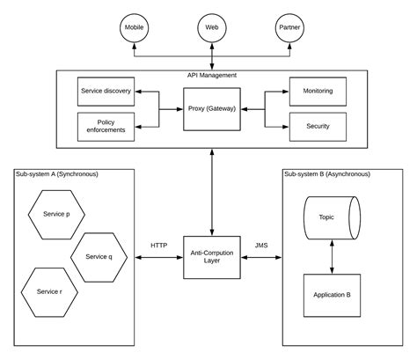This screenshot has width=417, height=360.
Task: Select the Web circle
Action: point(211,28)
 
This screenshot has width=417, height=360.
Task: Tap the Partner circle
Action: point(289,28)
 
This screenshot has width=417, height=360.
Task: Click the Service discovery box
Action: point(106,92)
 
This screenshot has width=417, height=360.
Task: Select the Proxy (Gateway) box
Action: point(211,108)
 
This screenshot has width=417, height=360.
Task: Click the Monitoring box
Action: point(318,92)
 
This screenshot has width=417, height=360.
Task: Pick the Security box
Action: point(318,126)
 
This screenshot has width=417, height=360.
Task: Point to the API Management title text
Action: point(211,76)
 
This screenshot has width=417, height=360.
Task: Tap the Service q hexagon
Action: point(99,256)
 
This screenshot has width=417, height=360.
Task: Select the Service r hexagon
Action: point(49,290)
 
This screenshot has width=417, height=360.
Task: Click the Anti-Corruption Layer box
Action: point(211,258)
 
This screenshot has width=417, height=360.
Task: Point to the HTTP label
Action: point(159,246)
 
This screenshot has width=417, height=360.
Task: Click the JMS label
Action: point(261,246)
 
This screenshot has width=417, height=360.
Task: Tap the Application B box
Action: point(332,296)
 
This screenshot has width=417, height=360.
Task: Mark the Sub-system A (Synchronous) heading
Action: point(57,174)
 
